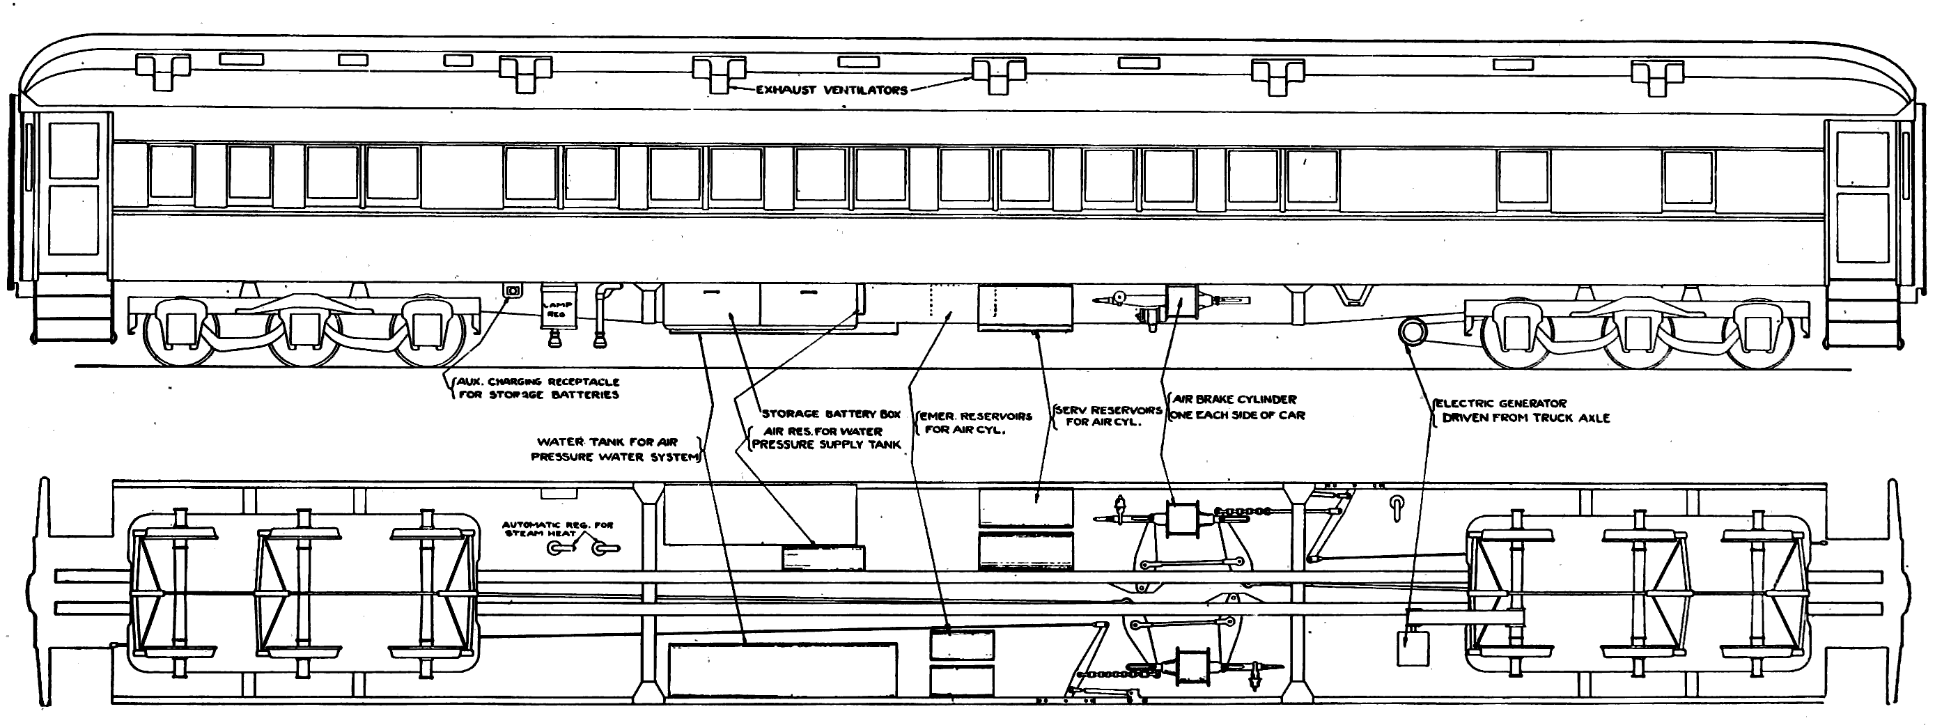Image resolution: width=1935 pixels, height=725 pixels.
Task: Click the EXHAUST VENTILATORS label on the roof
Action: coord(832,90)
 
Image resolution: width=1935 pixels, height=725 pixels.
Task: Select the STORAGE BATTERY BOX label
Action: coord(831,414)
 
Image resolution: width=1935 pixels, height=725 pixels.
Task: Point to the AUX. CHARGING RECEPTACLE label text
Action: coord(538,388)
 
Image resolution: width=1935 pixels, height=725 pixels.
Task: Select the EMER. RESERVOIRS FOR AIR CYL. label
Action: coord(974,423)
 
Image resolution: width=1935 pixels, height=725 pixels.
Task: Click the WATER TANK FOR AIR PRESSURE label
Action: coord(614,449)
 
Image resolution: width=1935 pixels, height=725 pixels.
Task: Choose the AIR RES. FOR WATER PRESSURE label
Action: coord(825,438)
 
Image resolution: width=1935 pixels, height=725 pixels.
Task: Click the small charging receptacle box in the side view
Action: coord(514,290)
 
